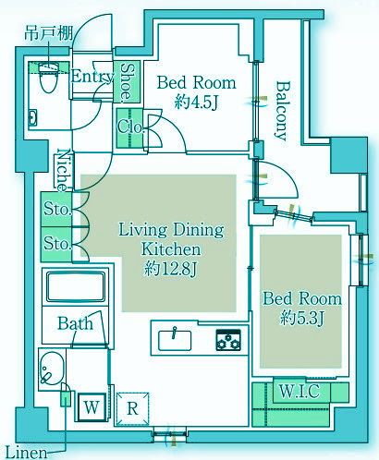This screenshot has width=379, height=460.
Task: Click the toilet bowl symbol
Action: [x=49, y=78]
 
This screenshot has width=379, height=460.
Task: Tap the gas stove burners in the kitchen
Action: [x=228, y=340]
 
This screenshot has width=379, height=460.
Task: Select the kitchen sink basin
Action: [x=175, y=340]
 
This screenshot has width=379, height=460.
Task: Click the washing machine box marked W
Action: [x=92, y=407]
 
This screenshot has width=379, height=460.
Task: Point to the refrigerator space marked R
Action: [x=133, y=409]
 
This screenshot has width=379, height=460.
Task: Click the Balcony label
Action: [x=283, y=111]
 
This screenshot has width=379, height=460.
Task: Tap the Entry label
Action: [x=92, y=77]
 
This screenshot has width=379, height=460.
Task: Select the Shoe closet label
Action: [x=127, y=82]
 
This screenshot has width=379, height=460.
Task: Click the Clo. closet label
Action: [x=130, y=126]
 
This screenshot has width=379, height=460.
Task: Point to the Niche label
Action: [x=64, y=170]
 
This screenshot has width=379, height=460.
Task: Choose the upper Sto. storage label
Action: [x=57, y=209]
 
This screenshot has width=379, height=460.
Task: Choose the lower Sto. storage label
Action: [x=57, y=243]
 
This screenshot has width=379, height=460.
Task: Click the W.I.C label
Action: [x=300, y=392]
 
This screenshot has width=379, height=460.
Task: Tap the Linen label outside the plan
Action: [x=27, y=453]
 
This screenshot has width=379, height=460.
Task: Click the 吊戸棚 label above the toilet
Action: [x=49, y=33]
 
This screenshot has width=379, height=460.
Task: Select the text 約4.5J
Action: [x=196, y=102]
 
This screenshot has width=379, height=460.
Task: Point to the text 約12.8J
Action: [x=170, y=269]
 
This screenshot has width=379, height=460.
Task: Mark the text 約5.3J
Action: [x=302, y=318]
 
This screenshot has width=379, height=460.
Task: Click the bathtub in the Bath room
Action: [x=76, y=286]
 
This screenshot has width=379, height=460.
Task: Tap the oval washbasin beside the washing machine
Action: [x=52, y=369]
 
